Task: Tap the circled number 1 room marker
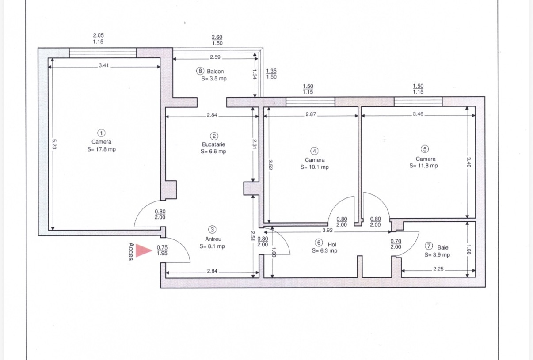101,133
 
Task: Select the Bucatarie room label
213,144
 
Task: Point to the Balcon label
215,71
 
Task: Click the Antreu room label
213,239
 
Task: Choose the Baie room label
442,247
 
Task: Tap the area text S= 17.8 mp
101,149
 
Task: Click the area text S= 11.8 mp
423,166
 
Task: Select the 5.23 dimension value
54,144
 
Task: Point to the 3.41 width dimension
104,65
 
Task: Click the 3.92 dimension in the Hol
327,230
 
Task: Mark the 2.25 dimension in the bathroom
438,269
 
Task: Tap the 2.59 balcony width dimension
215,57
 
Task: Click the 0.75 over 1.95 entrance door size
162,250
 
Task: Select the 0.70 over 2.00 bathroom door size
396,244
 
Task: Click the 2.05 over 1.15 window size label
98,38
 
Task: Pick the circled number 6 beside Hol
319,243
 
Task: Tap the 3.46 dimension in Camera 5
418,114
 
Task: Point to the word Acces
131,252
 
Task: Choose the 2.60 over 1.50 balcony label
217,40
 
